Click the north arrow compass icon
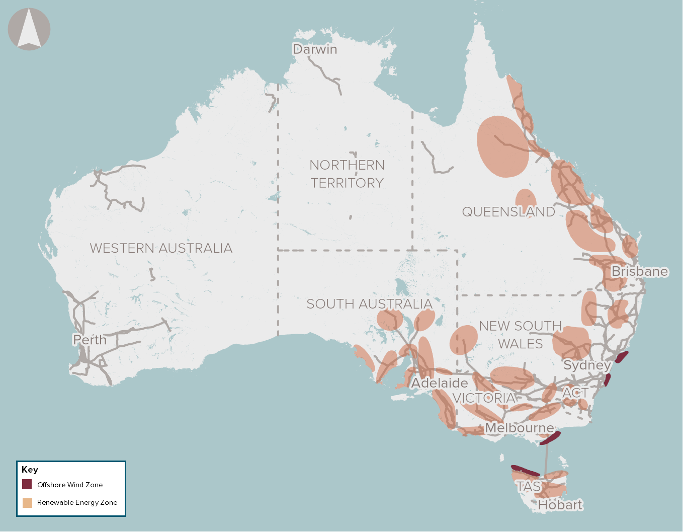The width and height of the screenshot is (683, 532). [x=29, y=29]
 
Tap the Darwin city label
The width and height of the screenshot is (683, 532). [x=315, y=49]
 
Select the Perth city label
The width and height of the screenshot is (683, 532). [x=90, y=340]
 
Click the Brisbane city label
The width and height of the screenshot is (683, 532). [x=639, y=271]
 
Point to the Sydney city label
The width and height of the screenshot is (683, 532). [x=587, y=365]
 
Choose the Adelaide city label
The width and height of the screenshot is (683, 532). [x=439, y=383]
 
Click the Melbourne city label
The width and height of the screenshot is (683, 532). [x=519, y=428]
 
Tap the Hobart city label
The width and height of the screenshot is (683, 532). [x=560, y=505]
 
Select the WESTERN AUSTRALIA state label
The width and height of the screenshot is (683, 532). [x=161, y=248]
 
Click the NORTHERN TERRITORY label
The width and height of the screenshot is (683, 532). [x=347, y=174]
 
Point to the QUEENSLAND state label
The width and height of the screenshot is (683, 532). [x=508, y=212]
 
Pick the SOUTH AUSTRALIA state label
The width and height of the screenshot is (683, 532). [x=369, y=304]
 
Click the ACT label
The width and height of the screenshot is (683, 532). [x=575, y=393]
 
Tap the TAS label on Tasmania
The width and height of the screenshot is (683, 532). [x=528, y=487]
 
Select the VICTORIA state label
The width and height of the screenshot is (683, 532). [x=484, y=398]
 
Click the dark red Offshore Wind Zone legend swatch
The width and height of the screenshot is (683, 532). [x=27, y=485]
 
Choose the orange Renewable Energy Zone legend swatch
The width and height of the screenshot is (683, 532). [x=27, y=502]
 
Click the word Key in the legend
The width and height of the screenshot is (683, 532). [x=30, y=470]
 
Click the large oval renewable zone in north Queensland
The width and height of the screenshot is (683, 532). [x=502, y=146]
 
